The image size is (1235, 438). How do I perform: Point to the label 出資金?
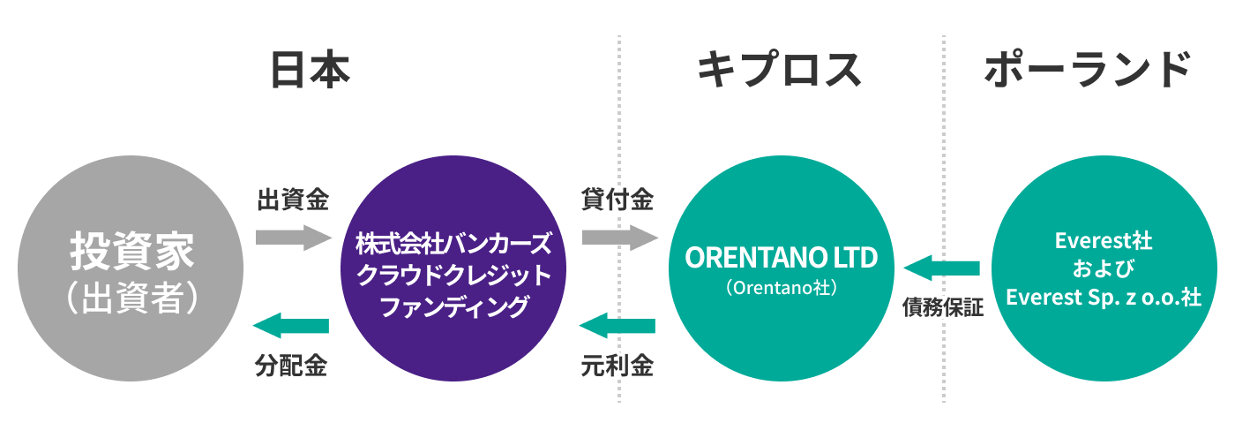click(293, 200)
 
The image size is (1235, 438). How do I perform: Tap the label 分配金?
click(293, 366)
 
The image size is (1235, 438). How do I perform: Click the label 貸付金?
click(617, 200)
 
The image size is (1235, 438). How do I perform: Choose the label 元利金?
click(617, 366)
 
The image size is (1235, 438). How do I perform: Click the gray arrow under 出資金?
click(291, 238)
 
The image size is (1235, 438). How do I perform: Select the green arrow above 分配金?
click(291, 326)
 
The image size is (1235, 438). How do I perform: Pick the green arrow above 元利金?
click(617, 327)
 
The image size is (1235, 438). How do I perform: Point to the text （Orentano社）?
click(782, 287)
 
